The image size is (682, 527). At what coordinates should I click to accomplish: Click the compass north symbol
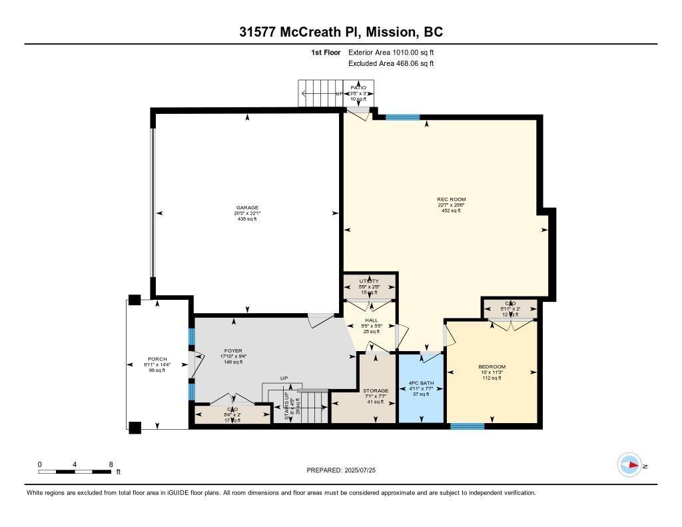click(629, 465)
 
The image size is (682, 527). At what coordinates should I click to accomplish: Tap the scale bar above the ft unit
click(75, 472)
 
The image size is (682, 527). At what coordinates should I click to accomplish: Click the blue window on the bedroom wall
click(467, 426)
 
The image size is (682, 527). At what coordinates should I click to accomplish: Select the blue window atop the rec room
click(403, 117)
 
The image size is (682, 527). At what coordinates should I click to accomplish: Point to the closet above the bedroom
click(510, 308)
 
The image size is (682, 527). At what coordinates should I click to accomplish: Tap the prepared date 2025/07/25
click(346, 470)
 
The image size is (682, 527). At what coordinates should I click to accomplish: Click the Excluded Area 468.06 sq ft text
click(391, 64)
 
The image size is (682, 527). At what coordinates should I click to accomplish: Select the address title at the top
click(341, 31)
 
